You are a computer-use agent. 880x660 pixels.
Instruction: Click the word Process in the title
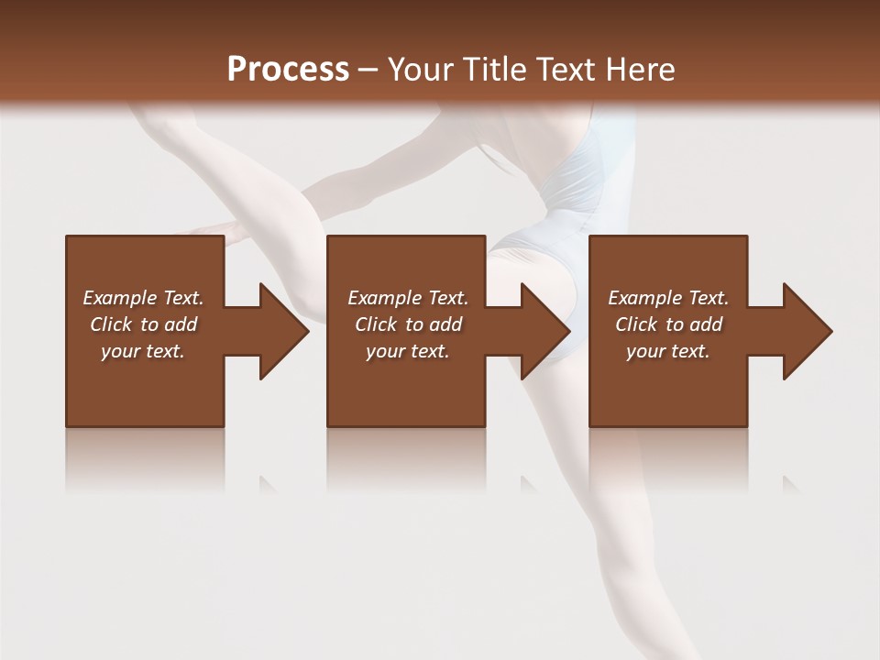pyautogui.click(x=288, y=70)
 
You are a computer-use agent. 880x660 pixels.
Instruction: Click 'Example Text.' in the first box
pyautogui.click(x=143, y=298)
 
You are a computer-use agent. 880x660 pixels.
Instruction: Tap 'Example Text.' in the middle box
pyautogui.click(x=408, y=298)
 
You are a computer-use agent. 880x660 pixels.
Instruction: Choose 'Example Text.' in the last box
pyautogui.click(x=668, y=298)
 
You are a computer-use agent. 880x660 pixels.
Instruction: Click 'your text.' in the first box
pyautogui.click(x=143, y=351)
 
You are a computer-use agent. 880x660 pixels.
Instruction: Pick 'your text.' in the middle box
pyautogui.click(x=408, y=351)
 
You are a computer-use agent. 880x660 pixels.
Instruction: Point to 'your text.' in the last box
pyautogui.click(x=668, y=351)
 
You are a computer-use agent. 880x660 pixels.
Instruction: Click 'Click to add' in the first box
pyautogui.click(x=143, y=324)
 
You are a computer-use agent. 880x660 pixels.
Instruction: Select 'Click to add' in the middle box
pyautogui.click(x=408, y=324)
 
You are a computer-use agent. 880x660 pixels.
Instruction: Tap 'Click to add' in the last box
pyautogui.click(x=668, y=324)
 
